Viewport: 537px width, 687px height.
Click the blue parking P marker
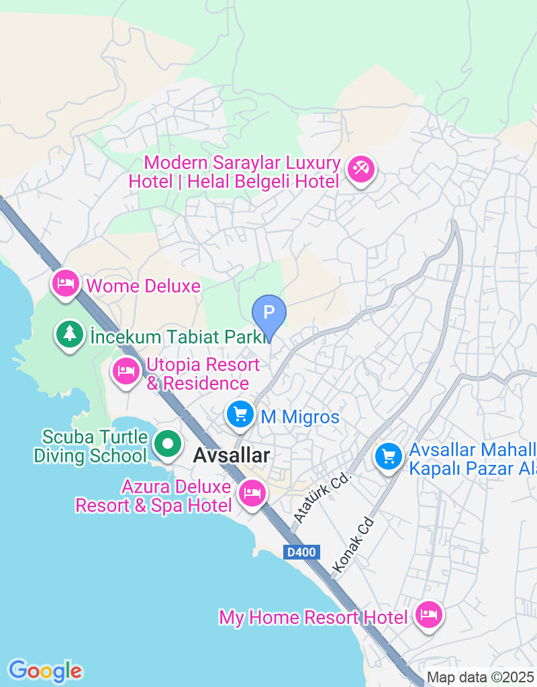pyautogui.click(x=268, y=313)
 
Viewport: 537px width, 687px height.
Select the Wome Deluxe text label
pyautogui.click(x=144, y=286)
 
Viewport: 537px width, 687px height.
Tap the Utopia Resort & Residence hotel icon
pyautogui.click(x=126, y=371)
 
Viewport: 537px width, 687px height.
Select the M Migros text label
pyautogui.click(x=300, y=417)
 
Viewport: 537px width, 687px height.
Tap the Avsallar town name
pyautogui.click(x=232, y=456)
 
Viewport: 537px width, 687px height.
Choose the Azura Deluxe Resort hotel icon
pyautogui.click(x=252, y=493)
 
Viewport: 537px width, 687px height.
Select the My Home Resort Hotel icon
pyautogui.click(x=428, y=615)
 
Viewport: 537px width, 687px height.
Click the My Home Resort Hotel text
pyautogui.click(x=313, y=617)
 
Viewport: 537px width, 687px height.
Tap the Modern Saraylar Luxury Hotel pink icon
pyautogui.click(x=361, y=169)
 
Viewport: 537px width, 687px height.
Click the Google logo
pyautogui.click(x=45, y=670)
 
